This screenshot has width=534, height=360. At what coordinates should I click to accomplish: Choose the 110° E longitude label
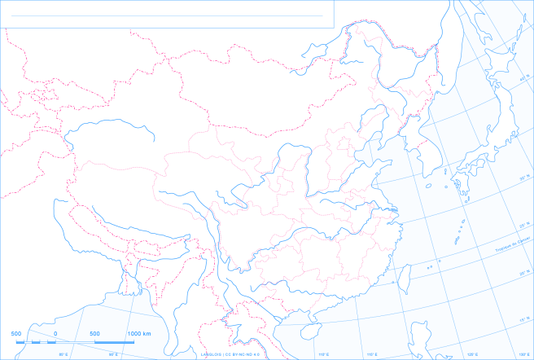pos(323,354)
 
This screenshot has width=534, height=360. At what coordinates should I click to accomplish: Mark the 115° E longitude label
pos(372,354)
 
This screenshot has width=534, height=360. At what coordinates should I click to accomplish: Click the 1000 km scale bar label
pos(139,334)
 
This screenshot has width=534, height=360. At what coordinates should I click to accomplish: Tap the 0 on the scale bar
pos(55,334)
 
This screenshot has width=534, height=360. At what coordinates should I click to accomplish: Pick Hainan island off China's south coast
pos(310,332)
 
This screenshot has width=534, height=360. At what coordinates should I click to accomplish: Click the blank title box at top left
pos(167,14)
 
